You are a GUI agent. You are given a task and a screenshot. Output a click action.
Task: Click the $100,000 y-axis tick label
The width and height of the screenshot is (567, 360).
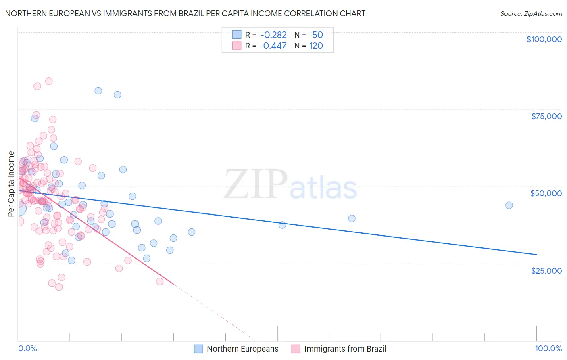544,39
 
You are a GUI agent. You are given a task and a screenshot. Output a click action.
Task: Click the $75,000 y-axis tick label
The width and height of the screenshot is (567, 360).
546,116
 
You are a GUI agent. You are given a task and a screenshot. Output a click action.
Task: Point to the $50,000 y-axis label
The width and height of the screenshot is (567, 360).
546,193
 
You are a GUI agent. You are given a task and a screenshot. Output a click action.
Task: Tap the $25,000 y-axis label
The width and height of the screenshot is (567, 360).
546,270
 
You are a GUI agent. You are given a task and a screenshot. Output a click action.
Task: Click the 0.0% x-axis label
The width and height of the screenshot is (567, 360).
27,349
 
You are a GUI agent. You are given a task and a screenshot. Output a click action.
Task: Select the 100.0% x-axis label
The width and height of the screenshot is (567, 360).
548,349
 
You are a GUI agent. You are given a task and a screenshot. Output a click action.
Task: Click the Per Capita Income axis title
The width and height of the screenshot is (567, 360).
11,184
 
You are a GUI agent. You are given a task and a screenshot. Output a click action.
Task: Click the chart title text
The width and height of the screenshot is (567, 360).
185,13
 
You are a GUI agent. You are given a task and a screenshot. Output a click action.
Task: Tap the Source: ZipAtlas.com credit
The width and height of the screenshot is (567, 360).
531,13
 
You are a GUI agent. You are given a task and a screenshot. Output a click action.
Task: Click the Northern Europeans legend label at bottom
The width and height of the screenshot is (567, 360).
242,349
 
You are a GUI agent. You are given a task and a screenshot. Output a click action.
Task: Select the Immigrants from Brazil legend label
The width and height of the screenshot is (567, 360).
345,349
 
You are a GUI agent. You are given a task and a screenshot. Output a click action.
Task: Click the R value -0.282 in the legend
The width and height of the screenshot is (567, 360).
273,35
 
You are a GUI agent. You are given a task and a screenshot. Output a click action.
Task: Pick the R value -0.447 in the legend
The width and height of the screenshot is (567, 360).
273,46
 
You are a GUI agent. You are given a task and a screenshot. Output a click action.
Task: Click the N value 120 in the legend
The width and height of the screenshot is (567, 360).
316,46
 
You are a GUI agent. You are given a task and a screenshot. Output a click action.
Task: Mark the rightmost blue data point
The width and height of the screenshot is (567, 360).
509,205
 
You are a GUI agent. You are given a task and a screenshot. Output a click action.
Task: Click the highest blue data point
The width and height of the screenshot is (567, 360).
98,91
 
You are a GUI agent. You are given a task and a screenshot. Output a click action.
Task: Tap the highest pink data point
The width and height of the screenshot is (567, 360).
49,81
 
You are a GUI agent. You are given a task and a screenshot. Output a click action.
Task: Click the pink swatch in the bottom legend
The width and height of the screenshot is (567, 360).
296,349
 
